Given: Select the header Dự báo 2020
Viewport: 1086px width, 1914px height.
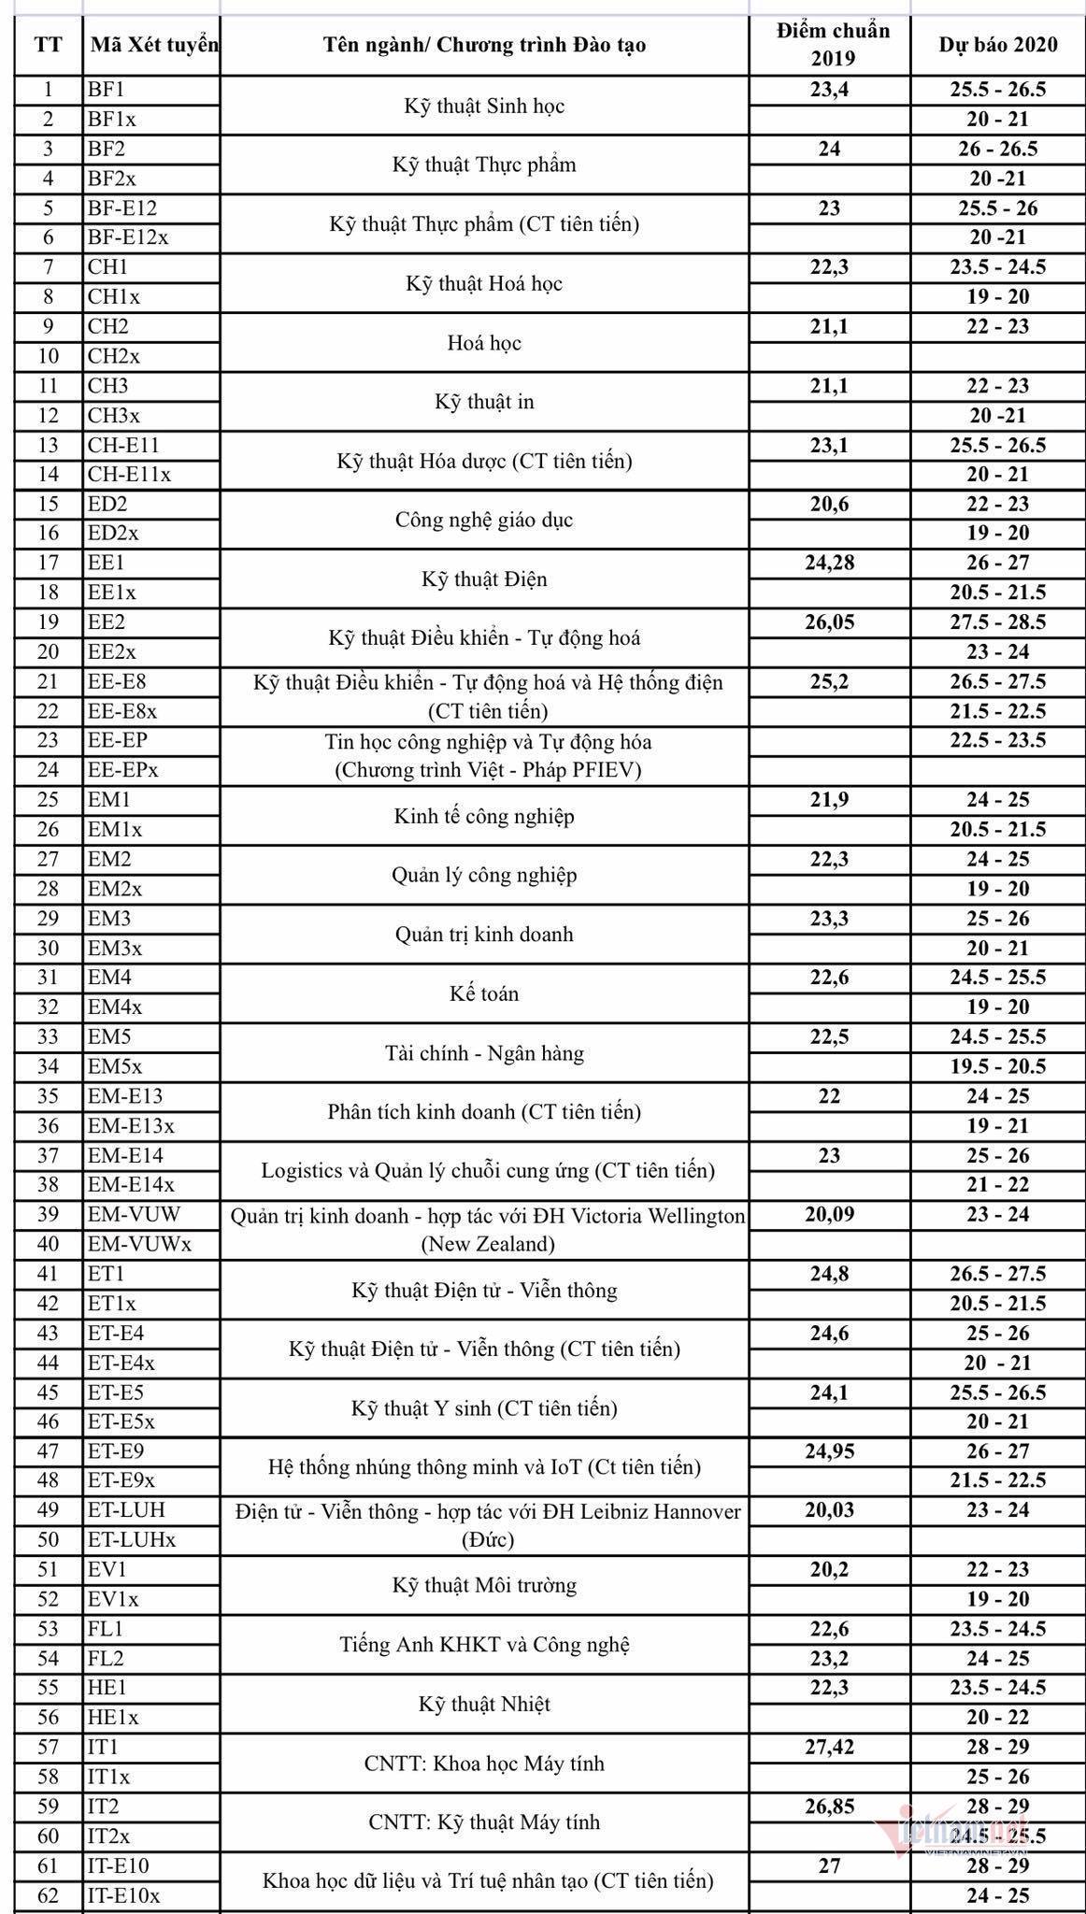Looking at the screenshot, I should [x=998, y=44].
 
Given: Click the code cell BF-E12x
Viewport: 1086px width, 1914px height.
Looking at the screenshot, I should [x=128, y=237].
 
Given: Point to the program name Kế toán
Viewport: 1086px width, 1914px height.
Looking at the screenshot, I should [x=484, y=993].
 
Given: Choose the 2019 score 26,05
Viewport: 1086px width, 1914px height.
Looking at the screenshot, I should [x=830, y=622].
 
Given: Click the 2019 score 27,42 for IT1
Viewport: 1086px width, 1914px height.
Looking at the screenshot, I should [x=830, y=1747].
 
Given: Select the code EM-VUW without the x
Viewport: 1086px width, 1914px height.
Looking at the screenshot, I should [x=134, y=1214].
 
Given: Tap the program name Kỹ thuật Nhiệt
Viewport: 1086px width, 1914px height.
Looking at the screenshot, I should [x=484, y=1704].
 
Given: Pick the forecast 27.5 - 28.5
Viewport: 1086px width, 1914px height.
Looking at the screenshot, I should [x=998, y=622].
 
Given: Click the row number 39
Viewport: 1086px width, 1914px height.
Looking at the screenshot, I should [x=49, y=1214].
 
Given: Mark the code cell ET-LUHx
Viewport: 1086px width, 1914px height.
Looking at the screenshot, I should [x=132, y=1539].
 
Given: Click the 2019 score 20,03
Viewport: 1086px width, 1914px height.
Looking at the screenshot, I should [x=830, y=1510].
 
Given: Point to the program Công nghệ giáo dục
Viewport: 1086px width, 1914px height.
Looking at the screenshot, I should [x=484, y=520].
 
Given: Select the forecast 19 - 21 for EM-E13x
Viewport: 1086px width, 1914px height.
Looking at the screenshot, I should [x=998, y=1125].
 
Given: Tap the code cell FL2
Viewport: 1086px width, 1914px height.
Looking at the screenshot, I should [x=106, y=1658].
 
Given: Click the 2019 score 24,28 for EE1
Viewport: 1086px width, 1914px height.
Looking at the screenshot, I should [x=830, y=563].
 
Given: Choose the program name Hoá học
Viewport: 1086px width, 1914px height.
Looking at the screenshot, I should [x=484, y=343].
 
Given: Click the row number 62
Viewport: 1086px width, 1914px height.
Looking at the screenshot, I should [x=49, y=1895].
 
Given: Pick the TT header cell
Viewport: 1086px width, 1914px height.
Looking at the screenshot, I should [x=49, y=44].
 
